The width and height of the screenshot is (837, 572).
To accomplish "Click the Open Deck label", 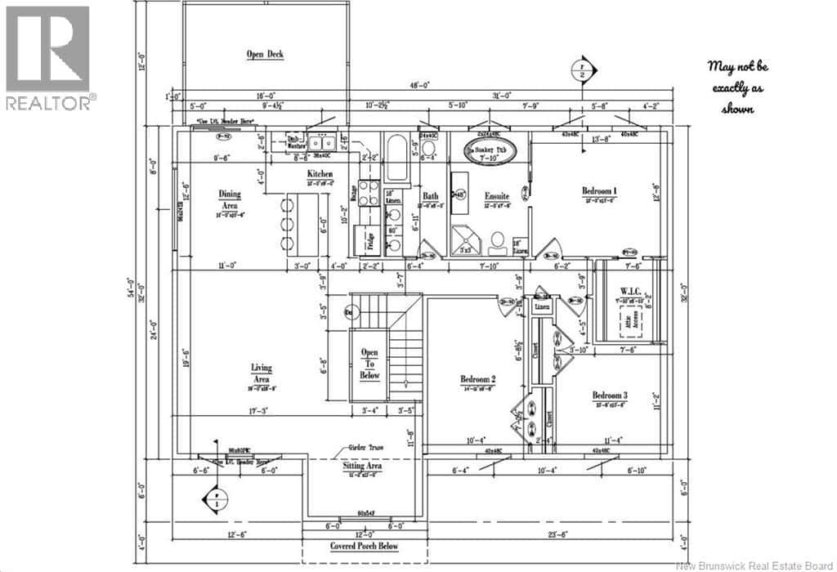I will (265, 55).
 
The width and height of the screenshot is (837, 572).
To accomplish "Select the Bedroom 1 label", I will (599, 191).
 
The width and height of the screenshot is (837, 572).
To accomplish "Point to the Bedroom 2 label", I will (477, 379).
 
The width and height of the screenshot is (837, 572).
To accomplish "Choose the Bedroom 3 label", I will (610, 396).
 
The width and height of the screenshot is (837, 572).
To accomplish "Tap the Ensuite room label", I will (497, 196).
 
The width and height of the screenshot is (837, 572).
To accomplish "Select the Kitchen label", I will (320, 175).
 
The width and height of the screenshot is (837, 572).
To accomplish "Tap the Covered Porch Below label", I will (366, 546).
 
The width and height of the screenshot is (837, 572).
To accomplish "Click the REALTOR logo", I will (49, 58).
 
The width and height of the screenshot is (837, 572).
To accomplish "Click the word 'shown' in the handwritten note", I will (737, 109).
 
